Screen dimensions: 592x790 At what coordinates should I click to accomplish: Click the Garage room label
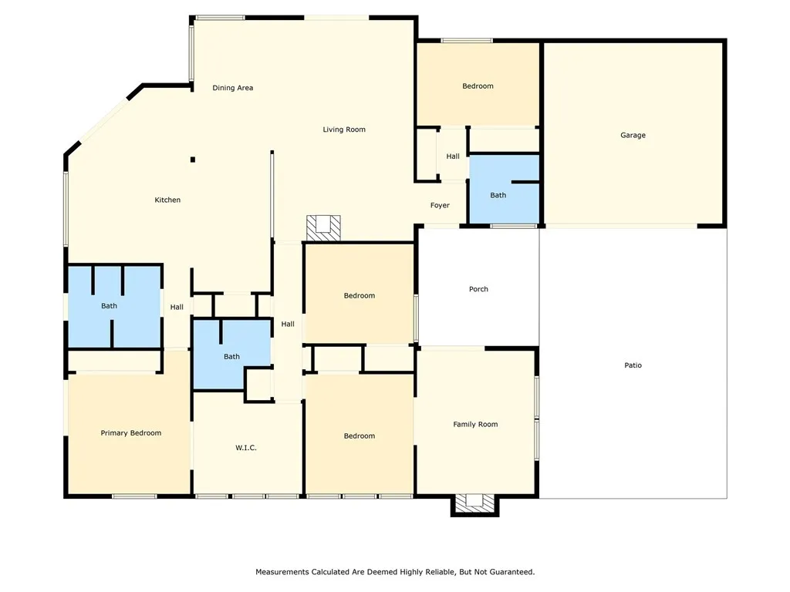(633, 135)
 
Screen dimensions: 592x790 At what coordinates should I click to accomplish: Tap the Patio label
(633, 365)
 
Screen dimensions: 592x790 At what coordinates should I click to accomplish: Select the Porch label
(478, 289)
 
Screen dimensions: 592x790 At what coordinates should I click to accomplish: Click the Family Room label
(475, 424)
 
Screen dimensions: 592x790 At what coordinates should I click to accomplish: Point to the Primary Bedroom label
(131, 432)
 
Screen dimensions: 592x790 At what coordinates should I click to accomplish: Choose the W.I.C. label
(246, 448)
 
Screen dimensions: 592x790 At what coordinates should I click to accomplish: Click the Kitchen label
(167, 200)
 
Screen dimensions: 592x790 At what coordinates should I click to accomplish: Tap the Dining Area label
(233, 88)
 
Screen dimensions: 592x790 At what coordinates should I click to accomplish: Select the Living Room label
(344, 129)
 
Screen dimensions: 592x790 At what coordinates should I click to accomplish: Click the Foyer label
(440, 206)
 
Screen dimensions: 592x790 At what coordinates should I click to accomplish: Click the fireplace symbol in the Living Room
(322, 227)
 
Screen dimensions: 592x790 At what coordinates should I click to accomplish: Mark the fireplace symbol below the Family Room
(474, 503)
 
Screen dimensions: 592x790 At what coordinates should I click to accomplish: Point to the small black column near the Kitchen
(193, 160)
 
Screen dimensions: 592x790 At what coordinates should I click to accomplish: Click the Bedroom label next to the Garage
(478, 86)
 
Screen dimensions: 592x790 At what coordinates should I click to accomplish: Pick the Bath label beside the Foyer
(498, 195)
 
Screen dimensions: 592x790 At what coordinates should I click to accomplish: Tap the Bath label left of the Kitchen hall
(110, 306)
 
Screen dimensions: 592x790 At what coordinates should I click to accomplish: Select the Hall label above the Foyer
(453, 156)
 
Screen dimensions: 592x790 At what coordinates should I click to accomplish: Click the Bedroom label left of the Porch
(360, 295)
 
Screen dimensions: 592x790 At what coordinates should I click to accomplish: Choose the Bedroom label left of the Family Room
(360, 436)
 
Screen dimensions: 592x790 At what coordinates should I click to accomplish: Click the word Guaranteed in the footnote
(510, 572)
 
